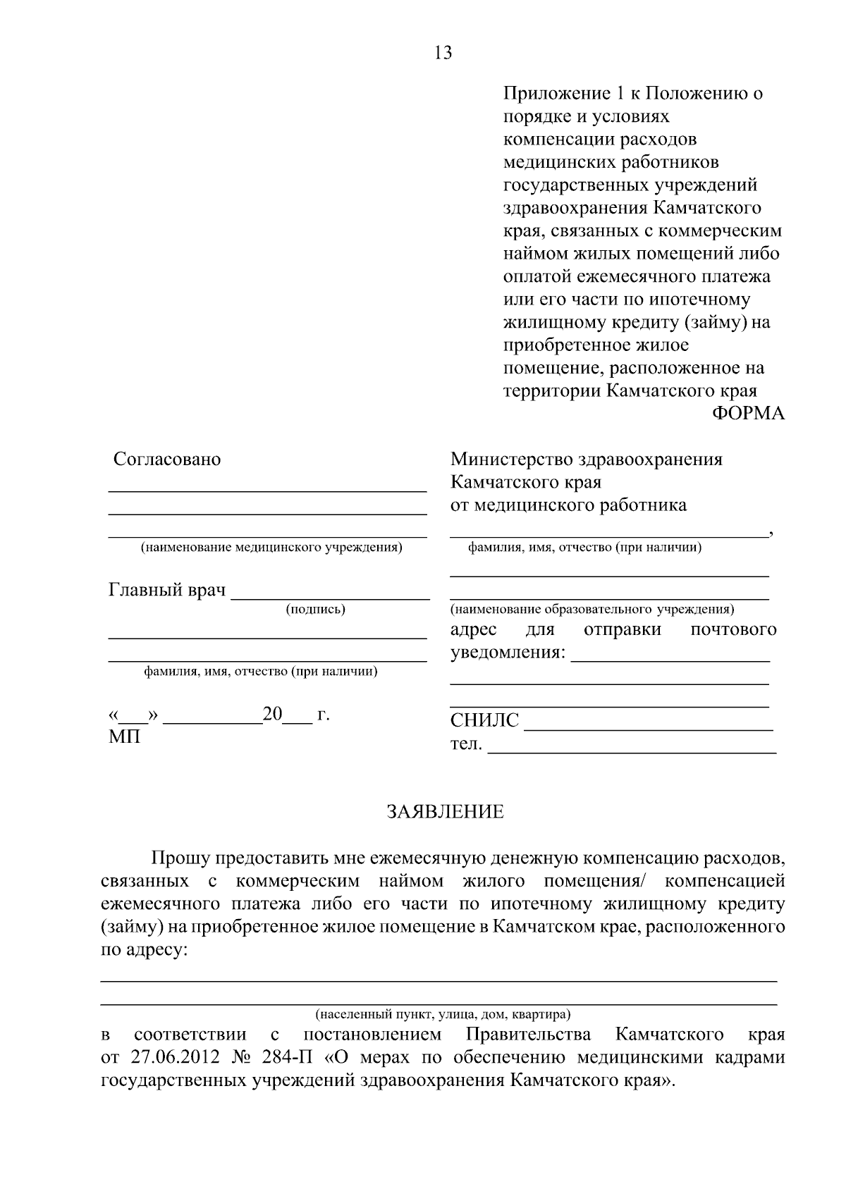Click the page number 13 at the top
point(443,53)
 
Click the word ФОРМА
point(748,414)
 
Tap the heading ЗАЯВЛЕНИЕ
point(445,812)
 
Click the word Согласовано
point(167,460)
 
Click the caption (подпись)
point(315,610)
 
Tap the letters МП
point(124,738)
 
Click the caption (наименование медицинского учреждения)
point(271,548)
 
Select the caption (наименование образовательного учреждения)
point(592,609)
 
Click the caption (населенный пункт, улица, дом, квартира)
point(443,1015)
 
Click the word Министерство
point(512,460)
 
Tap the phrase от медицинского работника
point(568,505)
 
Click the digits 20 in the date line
point(272,715)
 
